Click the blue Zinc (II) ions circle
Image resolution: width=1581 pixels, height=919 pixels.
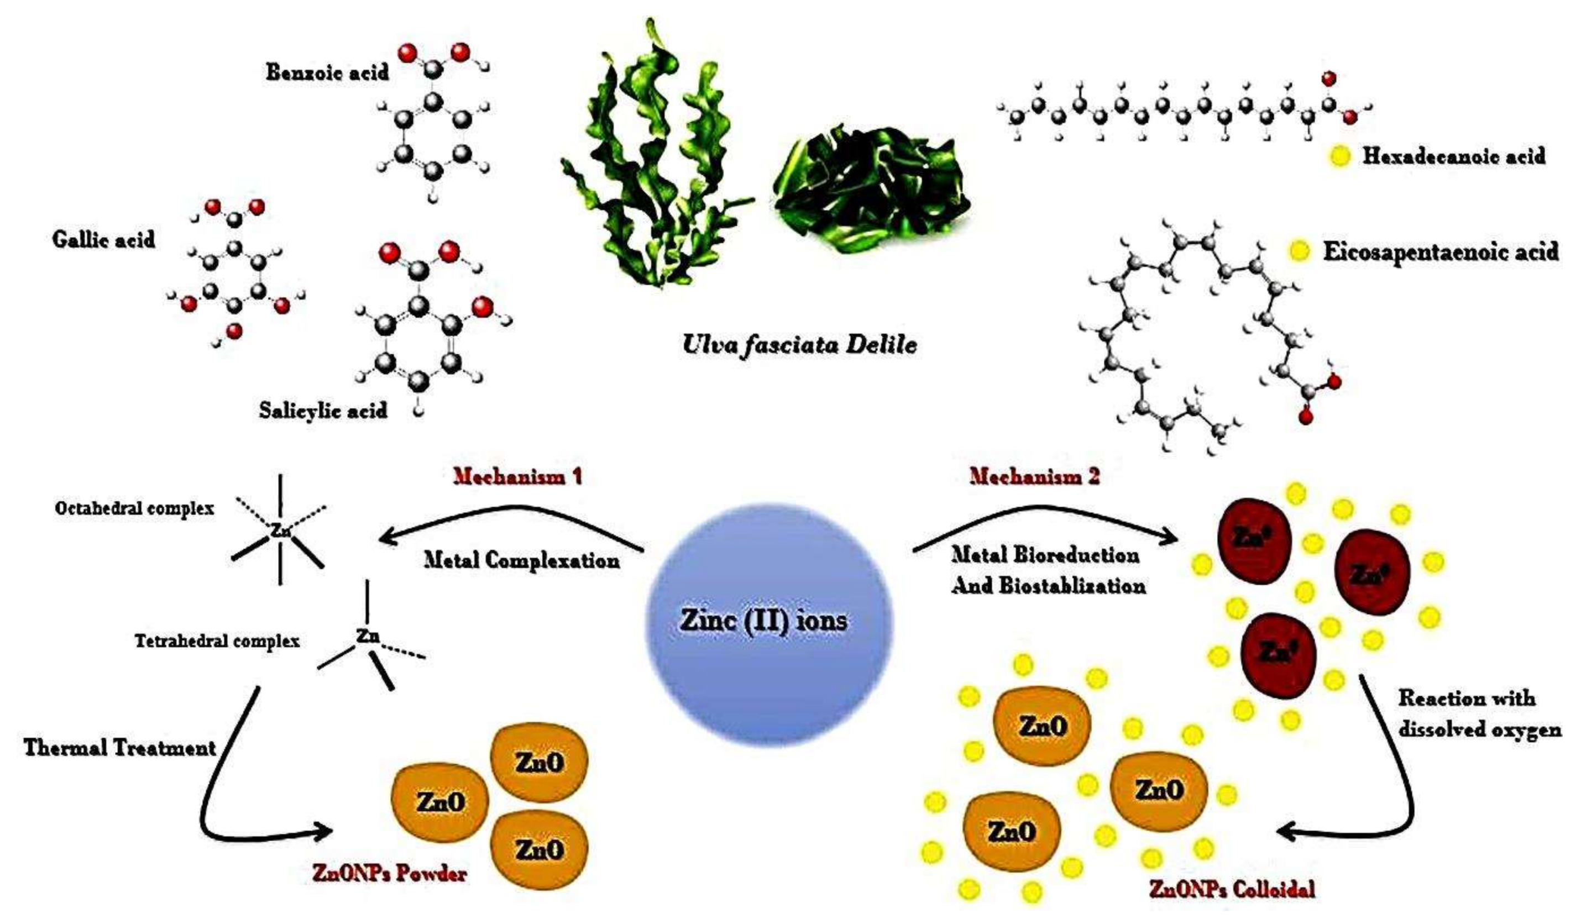[x=769, y=621]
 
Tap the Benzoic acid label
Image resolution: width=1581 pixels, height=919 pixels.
[x=327, y=72]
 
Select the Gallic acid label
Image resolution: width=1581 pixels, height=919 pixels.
[x=103, y=239]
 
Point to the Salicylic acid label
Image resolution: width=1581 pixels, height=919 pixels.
[x=323, y=411]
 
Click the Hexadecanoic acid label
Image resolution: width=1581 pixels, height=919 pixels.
[x=1453, y=156]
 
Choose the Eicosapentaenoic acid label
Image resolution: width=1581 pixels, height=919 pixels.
[x=1441, y=251]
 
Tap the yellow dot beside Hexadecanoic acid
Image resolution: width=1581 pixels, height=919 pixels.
[x=1339, y=156]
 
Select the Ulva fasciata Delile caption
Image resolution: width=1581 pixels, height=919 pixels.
[x=799, y=344]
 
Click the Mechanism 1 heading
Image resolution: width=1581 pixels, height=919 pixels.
[x=517, y=477]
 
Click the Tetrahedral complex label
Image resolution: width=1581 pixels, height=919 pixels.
[x=217, y=641]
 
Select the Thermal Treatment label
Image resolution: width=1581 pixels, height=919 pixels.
[x=120, y=748]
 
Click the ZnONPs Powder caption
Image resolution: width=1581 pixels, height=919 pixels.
[x=389, y=874]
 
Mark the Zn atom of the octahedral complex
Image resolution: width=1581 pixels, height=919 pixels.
[x=280, y=531]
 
